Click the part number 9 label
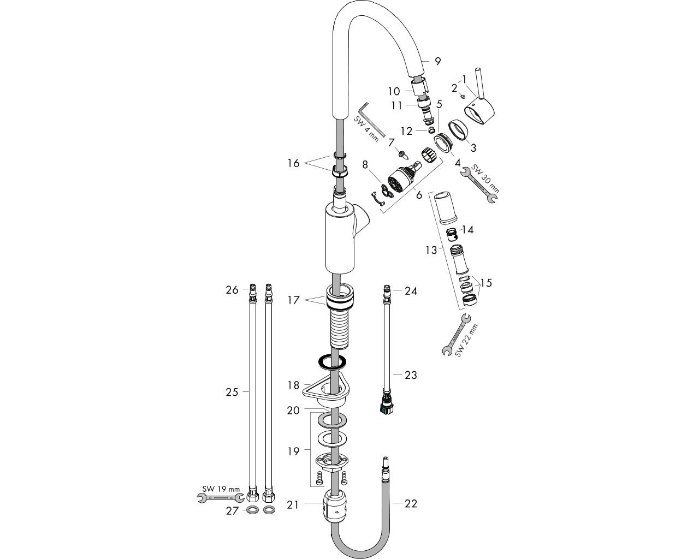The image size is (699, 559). click(x=437, y=61)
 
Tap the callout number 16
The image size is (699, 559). click(x=293, y=163)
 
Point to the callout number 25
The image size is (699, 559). click(x=232, y=392)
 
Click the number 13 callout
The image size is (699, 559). click(x=431, y=250)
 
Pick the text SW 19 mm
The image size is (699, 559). click(x=221, y=489)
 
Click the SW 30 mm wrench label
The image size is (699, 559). click(x=485, y=179)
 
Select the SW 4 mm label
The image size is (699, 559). click(x=366, y=129)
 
